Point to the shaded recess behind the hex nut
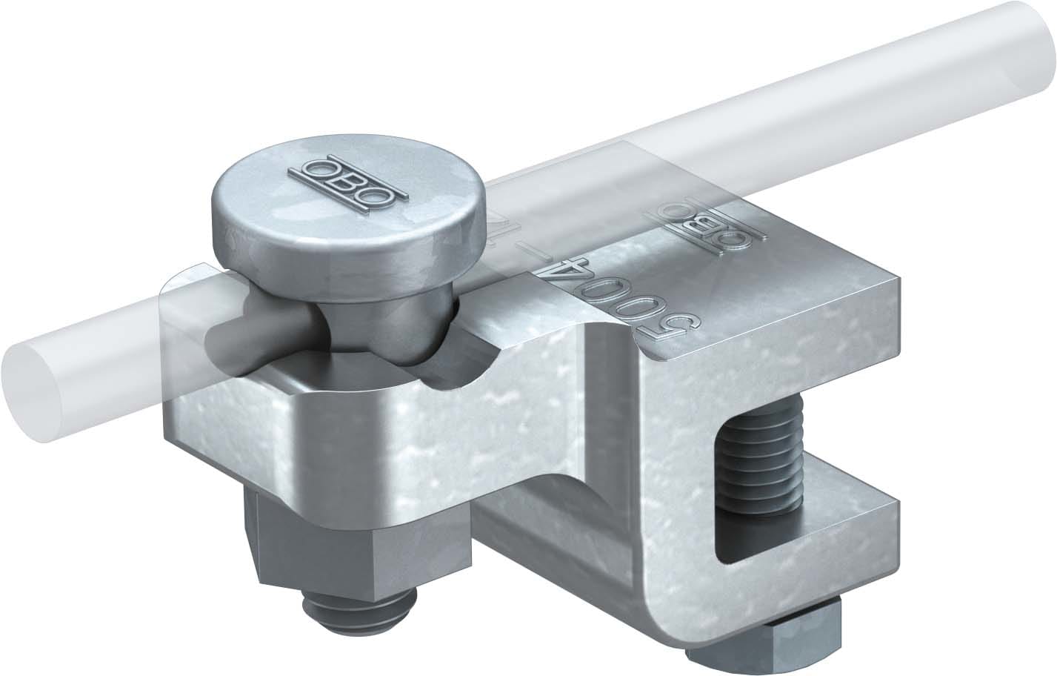511,519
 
